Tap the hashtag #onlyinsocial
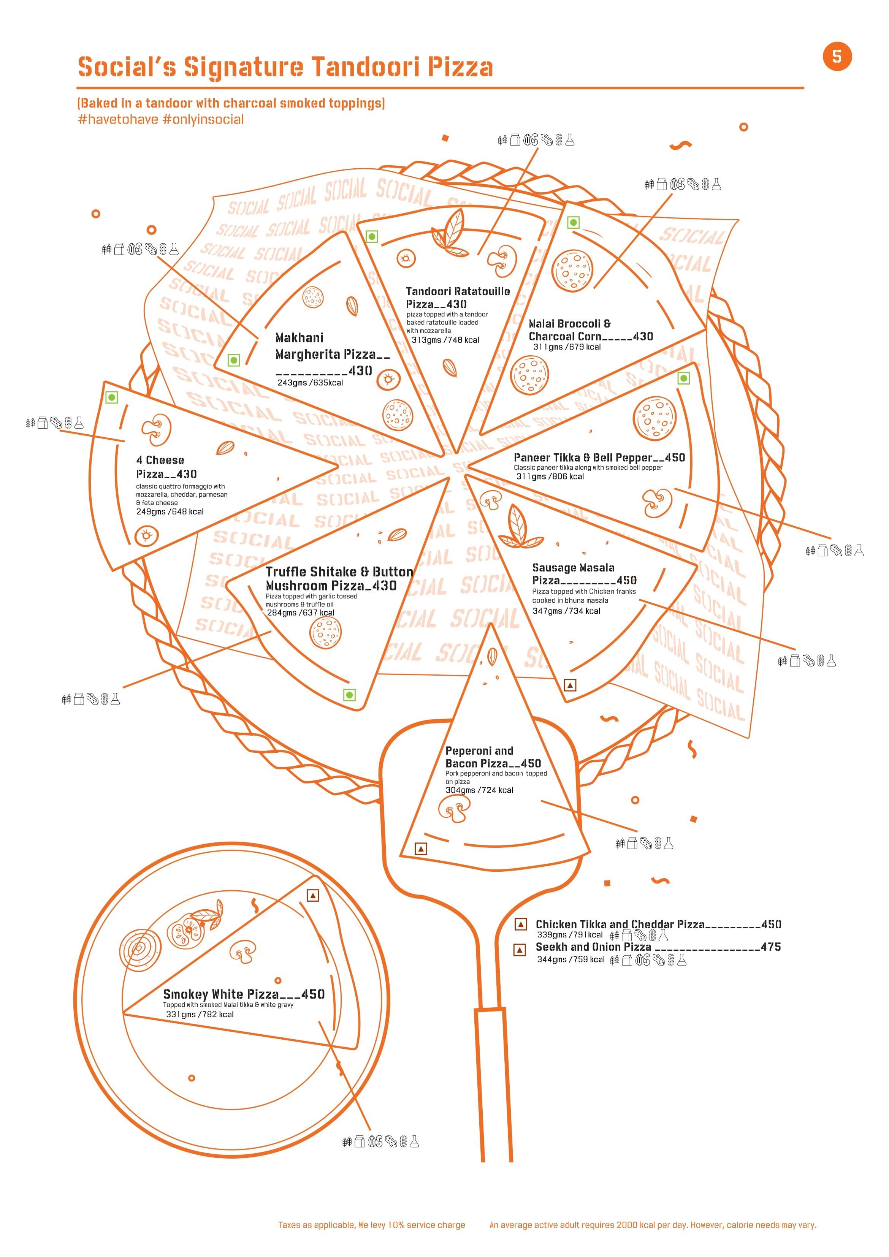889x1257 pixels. (203, 119)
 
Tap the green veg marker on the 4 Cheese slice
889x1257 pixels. (112, 397)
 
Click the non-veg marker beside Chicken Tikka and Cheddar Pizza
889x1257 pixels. (520, 924)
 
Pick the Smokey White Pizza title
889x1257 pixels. (221, 994)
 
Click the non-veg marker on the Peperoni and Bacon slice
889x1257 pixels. (421, 849)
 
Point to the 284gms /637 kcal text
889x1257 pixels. (301, 613)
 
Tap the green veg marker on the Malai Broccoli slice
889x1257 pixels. (573, 222)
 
